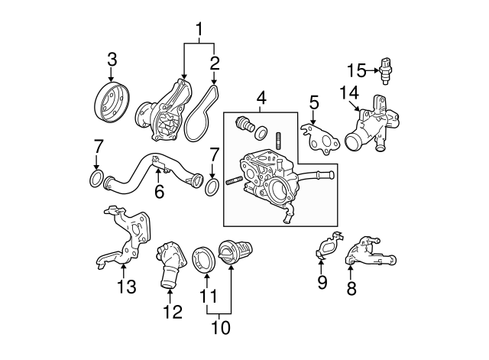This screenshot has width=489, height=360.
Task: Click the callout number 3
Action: [x=112, y=59]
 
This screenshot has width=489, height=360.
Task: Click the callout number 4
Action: [x=261, y=99]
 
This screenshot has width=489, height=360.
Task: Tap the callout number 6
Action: [x=159, y=192]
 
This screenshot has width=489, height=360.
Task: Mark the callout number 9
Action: [x=322, y=283]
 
